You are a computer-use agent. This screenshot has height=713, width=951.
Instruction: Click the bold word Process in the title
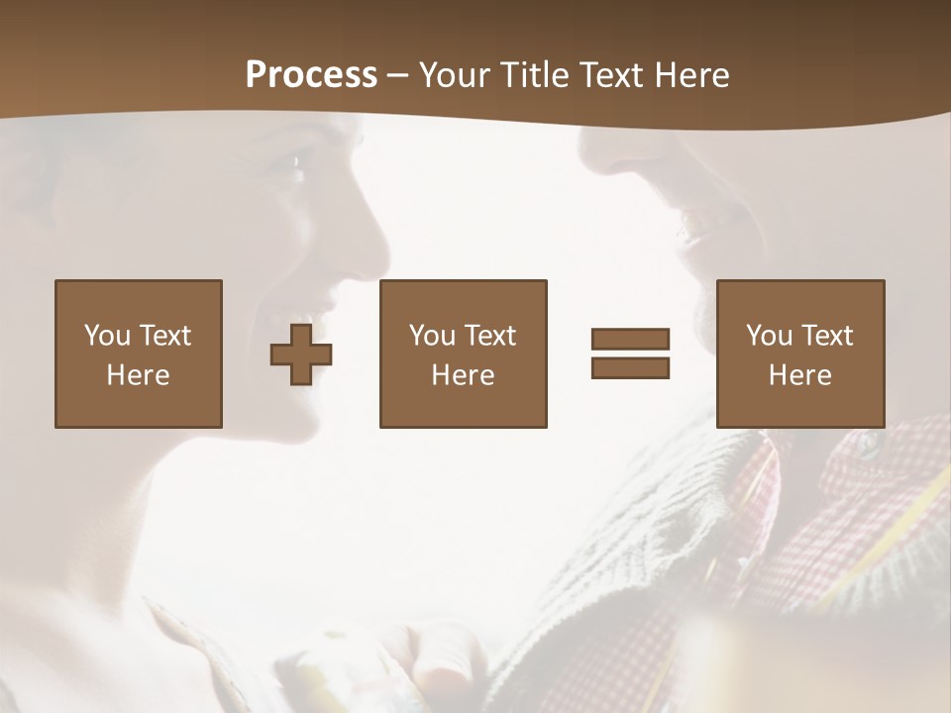click(x=311, y=75)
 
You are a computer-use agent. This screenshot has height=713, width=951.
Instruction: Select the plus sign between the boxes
click(x=301, y=354)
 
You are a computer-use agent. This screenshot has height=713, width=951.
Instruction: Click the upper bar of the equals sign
click(x=630, y=340)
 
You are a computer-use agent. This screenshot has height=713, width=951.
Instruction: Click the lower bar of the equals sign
click(x=630, y=367)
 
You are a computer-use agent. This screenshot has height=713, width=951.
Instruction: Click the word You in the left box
click(x=107, y=336)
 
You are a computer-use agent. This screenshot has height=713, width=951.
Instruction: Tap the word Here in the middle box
click(x=463, y=375)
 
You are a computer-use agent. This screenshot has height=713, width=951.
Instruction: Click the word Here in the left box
click(x=138, y=375)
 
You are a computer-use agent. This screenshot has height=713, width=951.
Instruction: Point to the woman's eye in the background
click(x=296, y=164)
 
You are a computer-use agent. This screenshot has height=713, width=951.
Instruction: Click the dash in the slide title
click(x=397, y=75)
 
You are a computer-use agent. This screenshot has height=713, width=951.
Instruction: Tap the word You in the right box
click(x=769, y=336)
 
